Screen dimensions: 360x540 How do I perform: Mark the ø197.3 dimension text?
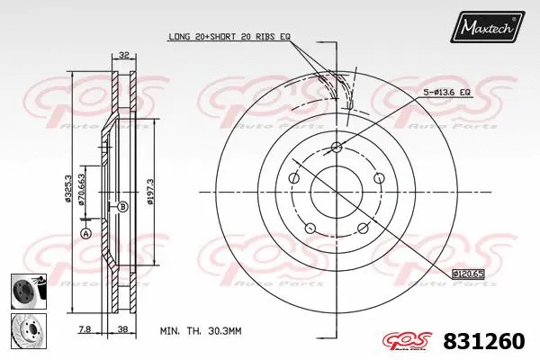tap(151, 189)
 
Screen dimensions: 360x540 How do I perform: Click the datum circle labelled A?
tap(86, 233)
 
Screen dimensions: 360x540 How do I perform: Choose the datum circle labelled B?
tap(122, 206)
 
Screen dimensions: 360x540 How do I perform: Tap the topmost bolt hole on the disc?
tap(336, 148)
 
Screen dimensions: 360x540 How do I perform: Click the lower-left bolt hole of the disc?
tap(309, 227)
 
